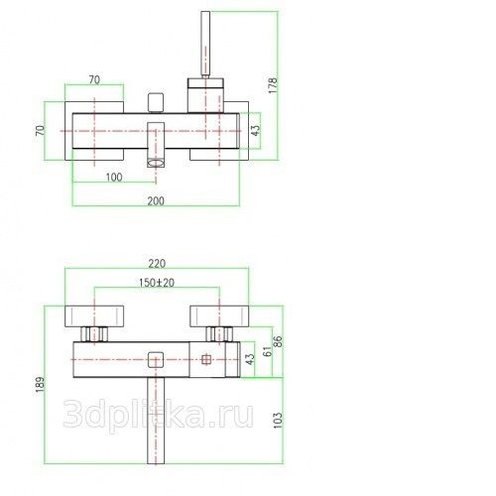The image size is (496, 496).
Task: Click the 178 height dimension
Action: [x=273, y=85]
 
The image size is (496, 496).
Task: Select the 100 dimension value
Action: [x=114, y=178]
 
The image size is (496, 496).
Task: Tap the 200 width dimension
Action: [x=156, y=200]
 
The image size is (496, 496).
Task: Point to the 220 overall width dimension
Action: [x=157, y=264]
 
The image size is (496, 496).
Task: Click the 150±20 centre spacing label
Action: [x=157, y=283]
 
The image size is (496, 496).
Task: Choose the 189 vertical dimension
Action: [x=40, y=384]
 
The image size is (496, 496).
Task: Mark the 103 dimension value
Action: [x=278, y=420]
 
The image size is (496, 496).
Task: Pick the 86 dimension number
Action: [x=278, y=341]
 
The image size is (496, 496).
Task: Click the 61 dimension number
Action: [x=268, y=351]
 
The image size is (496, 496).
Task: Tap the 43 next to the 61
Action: [x=250, y=359]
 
